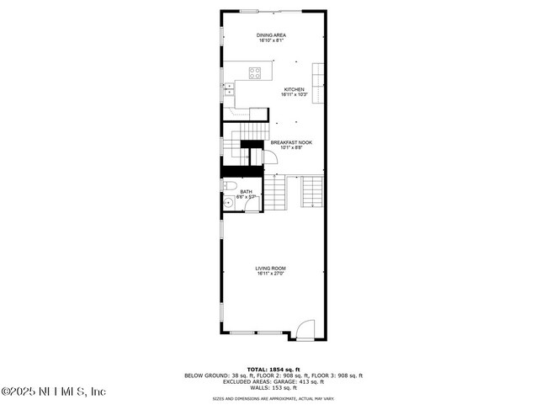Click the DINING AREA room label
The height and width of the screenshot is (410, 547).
point(270,35)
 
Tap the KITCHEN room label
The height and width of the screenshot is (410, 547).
point(294,89)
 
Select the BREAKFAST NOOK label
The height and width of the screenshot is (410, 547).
point(291,142)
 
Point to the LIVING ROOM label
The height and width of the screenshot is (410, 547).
point(271,268)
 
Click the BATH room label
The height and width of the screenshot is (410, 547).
point(246,191)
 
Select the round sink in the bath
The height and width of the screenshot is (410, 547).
point(228,203)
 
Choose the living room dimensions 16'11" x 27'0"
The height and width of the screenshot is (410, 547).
point(271,273)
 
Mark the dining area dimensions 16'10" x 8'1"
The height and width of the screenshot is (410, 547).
point(270,40)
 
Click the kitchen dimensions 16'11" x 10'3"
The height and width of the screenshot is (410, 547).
point(294,94)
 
